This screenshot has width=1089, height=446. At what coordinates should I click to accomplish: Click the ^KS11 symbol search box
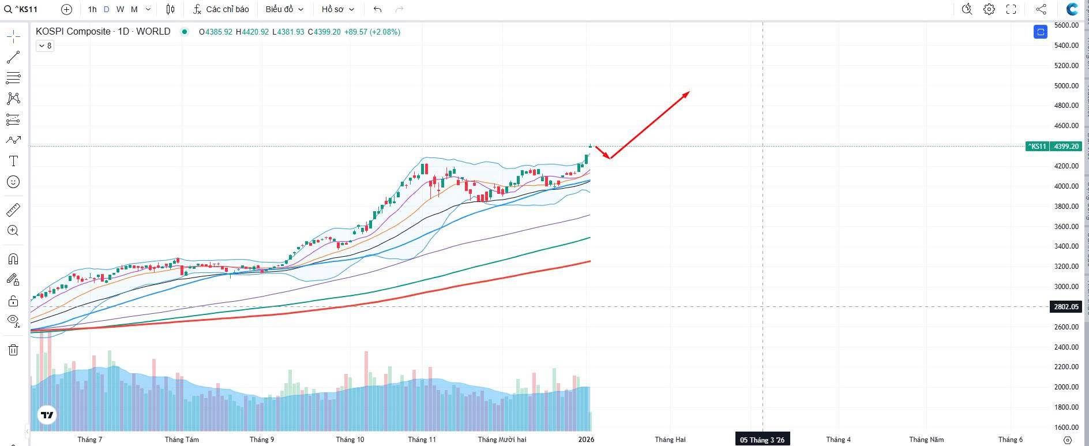pyautogui.click(x=26, y=9)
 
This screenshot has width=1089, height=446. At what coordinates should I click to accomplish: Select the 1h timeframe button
pyautogui.click(x=92, y=9)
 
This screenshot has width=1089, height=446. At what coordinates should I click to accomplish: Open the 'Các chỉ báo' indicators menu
pyautogui.click(x=221, y=9)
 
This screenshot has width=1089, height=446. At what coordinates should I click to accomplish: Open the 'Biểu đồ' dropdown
pyautogui.click(x=284, y=9)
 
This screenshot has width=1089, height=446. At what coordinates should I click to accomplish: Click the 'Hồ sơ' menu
pyautogui.click(x=337, y=9)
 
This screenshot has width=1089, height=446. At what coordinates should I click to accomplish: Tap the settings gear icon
pyautogui.click(x=989, y=9)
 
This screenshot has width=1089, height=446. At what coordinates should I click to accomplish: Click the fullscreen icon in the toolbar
pyautogui.click(x=1011, y=9)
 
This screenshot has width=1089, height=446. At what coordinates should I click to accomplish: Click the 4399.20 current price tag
pyautogui.click(x=1066, y=147)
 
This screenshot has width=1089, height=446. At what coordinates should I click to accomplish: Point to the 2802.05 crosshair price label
pyautogui.click(x=1066, y=307)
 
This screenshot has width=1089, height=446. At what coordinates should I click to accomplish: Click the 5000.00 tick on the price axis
pyautogui.click(x=1066, y=85)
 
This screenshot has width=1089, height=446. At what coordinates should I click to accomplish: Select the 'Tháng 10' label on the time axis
pyautogui.click(x=350, y=440)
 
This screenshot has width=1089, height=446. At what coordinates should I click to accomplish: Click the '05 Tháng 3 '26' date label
pyautogui.click(x=762, y=440)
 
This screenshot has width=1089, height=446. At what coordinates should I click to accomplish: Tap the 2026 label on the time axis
pyautogui.click(x=586, y=440)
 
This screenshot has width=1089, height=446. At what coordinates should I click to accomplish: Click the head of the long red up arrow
pyautogui.click(x=688, y=92)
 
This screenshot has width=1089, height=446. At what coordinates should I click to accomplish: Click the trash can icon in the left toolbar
pyautogui.click(x=13, y=350)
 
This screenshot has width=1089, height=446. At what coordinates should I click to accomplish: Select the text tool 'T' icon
pyautogui.click(x=13, y=161)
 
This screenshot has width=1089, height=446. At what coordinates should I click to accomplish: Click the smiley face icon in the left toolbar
pyautogui.click(x=13, y=182)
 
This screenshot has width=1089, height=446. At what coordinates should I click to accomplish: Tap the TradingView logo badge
pyautogui.click(x=47, y=414)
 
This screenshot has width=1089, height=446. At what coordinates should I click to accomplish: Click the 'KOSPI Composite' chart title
pyautogui.click(x=73, y=32)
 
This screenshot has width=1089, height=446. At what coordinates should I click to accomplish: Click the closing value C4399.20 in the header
pyautogui.click(x=324, y=32)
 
